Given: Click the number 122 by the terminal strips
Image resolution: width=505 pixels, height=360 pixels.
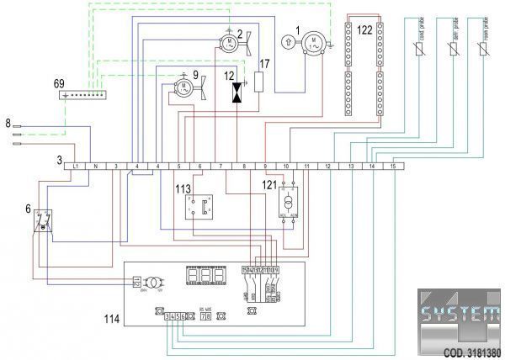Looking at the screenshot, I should coord(364,29).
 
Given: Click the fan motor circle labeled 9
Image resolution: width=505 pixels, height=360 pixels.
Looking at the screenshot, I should coord(183,86).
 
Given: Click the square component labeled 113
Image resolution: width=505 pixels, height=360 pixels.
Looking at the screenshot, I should coord(198,204).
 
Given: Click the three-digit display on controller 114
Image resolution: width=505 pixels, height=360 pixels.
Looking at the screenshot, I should coord(206,275).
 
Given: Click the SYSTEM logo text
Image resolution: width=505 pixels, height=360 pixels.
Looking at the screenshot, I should coord(459,320).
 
